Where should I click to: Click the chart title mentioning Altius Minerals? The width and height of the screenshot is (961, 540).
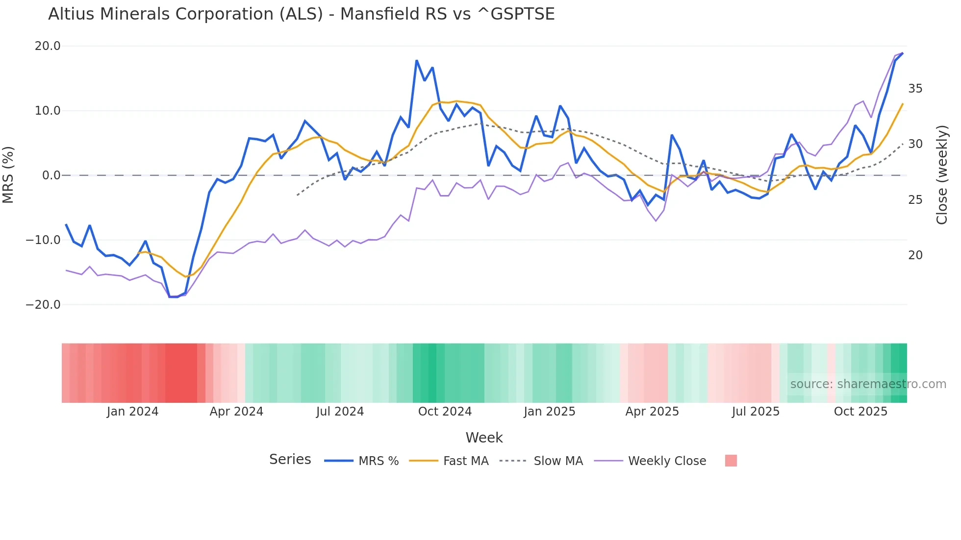[301, 14]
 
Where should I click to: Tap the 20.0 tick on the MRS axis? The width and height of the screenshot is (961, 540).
[48, 46]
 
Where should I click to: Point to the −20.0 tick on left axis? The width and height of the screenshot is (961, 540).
[43, 305]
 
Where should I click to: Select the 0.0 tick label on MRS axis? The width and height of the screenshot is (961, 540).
[51, 175]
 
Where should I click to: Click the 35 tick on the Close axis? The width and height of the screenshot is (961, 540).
[915, 89]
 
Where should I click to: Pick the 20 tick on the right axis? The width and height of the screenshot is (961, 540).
[915, 255]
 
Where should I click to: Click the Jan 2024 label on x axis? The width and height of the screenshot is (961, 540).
[132, 412]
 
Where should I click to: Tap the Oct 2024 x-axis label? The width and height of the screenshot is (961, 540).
[445, 412]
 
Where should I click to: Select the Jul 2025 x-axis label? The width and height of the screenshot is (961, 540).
[756, 412]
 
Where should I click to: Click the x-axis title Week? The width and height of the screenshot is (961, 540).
[484, 438]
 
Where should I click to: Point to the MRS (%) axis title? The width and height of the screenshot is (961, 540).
[8, 175]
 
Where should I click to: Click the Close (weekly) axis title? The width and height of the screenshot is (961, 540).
[941, 175]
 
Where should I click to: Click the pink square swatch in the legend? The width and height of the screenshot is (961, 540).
[731, 461]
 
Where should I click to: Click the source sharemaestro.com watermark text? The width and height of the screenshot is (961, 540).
[868, 384]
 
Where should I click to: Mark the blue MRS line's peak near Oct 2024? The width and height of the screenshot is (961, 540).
[416, 61]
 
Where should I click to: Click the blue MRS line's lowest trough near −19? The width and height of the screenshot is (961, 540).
[173, 297]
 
